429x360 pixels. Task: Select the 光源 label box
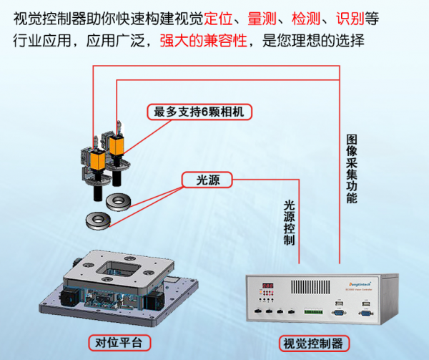click(x=207, y=180)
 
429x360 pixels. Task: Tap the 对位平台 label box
click(x=119, y=342)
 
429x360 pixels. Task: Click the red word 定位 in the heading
click(x=220, y=17)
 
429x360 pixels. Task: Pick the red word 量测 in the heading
click(x=261, y=17)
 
